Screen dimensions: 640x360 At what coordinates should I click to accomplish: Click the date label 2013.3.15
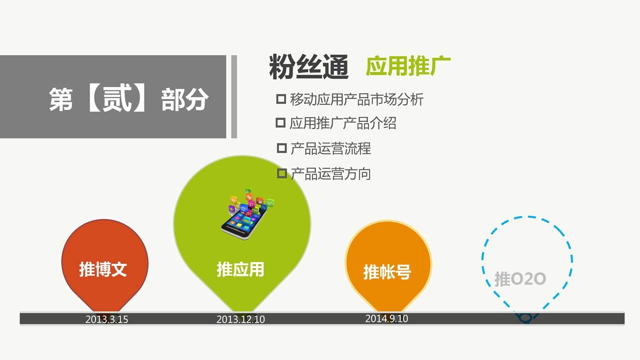pos(106,319)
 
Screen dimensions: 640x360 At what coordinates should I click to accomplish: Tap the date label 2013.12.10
pos(240,319)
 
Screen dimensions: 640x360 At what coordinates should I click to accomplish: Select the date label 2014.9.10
pos(386,318)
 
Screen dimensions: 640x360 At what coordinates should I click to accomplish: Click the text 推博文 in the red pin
pos(103,269)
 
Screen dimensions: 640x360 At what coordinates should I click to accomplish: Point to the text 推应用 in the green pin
pos(240,269)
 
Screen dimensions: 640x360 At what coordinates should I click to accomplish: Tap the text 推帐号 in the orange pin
pos(387,271)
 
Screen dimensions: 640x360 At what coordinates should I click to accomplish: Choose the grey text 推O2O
pos(520,279)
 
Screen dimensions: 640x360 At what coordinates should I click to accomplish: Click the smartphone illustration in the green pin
pos(247,214)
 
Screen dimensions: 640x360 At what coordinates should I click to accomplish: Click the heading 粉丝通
pos(309,67)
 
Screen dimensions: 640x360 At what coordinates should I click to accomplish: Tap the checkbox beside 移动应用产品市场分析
pos(281,99)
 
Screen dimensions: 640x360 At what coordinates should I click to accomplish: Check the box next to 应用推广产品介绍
pos(280,123)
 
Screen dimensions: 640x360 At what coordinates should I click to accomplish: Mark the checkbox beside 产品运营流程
pos(281,148)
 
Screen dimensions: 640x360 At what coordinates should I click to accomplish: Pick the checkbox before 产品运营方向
pos(282,173)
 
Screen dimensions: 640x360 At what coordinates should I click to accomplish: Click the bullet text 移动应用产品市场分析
pos(357,99)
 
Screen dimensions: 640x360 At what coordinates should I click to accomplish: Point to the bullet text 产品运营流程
pos(331,148)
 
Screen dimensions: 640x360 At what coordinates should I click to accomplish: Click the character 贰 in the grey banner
pos(117,99)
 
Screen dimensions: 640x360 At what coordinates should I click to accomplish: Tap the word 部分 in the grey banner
pos(185,99)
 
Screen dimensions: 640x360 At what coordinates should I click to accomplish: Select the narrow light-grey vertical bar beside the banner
pos(234,97)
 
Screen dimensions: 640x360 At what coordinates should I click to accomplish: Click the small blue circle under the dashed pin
pos(525,318)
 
